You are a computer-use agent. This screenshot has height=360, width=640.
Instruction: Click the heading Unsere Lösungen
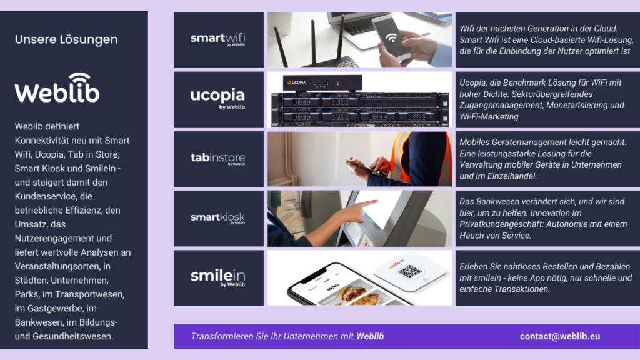pyautogui.click(x=66, y=39)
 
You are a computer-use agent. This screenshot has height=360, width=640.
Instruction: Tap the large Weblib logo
pyautogui.click(x=57, y=87)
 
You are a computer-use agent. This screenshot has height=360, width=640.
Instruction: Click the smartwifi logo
pyautogui.click(x=217, y=39)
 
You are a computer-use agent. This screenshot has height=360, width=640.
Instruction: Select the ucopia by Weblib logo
pyautogui.click(x=217, y=98)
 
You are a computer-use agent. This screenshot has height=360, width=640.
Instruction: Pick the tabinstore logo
pyautogui.click(x=217, y=158)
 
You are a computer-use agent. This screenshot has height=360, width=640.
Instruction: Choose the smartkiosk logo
pyautogui.click(x=217, y=217)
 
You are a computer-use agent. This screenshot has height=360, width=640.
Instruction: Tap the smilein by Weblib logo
pyautogui.click(x=217, y=277)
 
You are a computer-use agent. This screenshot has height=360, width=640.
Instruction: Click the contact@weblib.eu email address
pyautogui.click(x=559, y=336)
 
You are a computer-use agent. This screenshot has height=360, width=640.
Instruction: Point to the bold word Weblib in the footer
pyautogui.click(x=370, y=336)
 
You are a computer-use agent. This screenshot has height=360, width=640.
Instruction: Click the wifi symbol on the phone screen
pyautogui.click(x=391, y=37)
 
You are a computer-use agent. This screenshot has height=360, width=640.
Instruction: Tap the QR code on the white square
pyautogui.click(x=409, y=271)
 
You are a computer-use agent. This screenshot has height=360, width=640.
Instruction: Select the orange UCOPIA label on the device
pyautogui.click(x=297, y=82)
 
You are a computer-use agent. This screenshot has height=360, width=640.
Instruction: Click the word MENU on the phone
pyautogui.click(x=332, y=287)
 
